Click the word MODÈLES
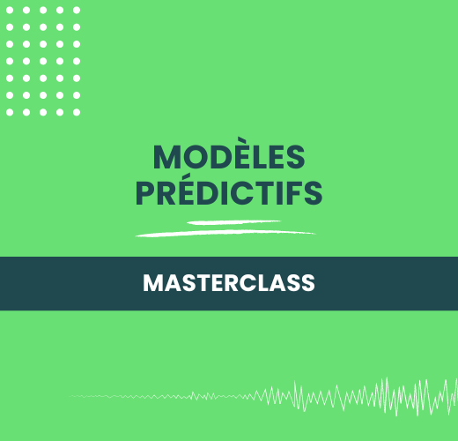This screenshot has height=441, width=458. coord(229,156)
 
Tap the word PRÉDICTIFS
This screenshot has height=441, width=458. coord(229,193)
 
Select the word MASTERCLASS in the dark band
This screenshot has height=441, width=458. coord(229,283)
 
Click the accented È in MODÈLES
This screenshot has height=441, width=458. coord(249,157)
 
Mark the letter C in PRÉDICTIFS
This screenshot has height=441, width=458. coord(251,193)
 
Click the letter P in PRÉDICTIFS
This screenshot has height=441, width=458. coord(145,193)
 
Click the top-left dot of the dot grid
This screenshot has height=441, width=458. coord(10,11)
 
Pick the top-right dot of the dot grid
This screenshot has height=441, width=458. coord(77,11)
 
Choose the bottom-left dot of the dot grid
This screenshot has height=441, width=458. coord(10,112)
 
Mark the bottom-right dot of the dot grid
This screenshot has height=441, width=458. coord(77,112)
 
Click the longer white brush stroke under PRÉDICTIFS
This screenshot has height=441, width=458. coord(225,233)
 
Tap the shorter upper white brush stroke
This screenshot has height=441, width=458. coord(233,223)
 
